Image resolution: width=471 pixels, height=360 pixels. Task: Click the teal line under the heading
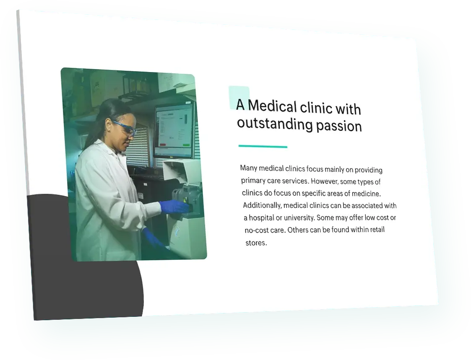coord(263,147)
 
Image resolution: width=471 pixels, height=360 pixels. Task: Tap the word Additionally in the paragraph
coord(262,205)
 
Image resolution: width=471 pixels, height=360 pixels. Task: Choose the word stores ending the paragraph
coord(256,243)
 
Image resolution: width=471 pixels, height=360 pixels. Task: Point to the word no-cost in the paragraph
coord(257,231)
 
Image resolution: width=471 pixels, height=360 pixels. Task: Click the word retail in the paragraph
coord(376,230)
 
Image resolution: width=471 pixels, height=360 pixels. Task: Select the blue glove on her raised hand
coord(174,206)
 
